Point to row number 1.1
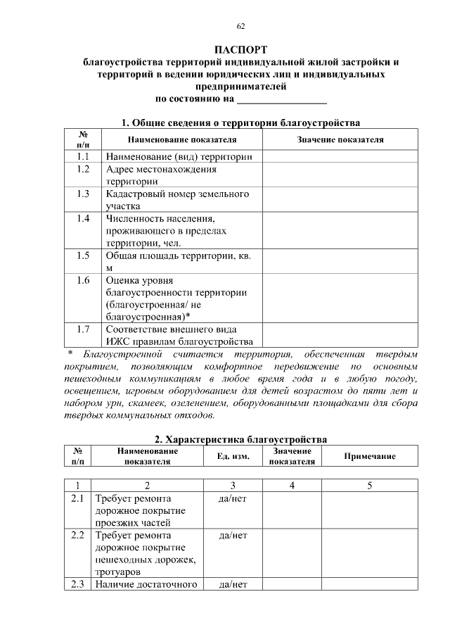click(x=83, y=156)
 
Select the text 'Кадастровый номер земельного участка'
click(x=178, y=199)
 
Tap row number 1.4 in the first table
click(x=83, y=218)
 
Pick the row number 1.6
click(x=83, y=280)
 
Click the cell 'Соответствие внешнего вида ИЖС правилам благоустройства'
click(x=181, y=335)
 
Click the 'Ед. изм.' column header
click(x=232, y=457)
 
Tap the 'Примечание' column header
click(x=369, y=457)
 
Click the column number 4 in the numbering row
click(x=292, y=485)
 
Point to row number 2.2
click(x=77, y=536)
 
